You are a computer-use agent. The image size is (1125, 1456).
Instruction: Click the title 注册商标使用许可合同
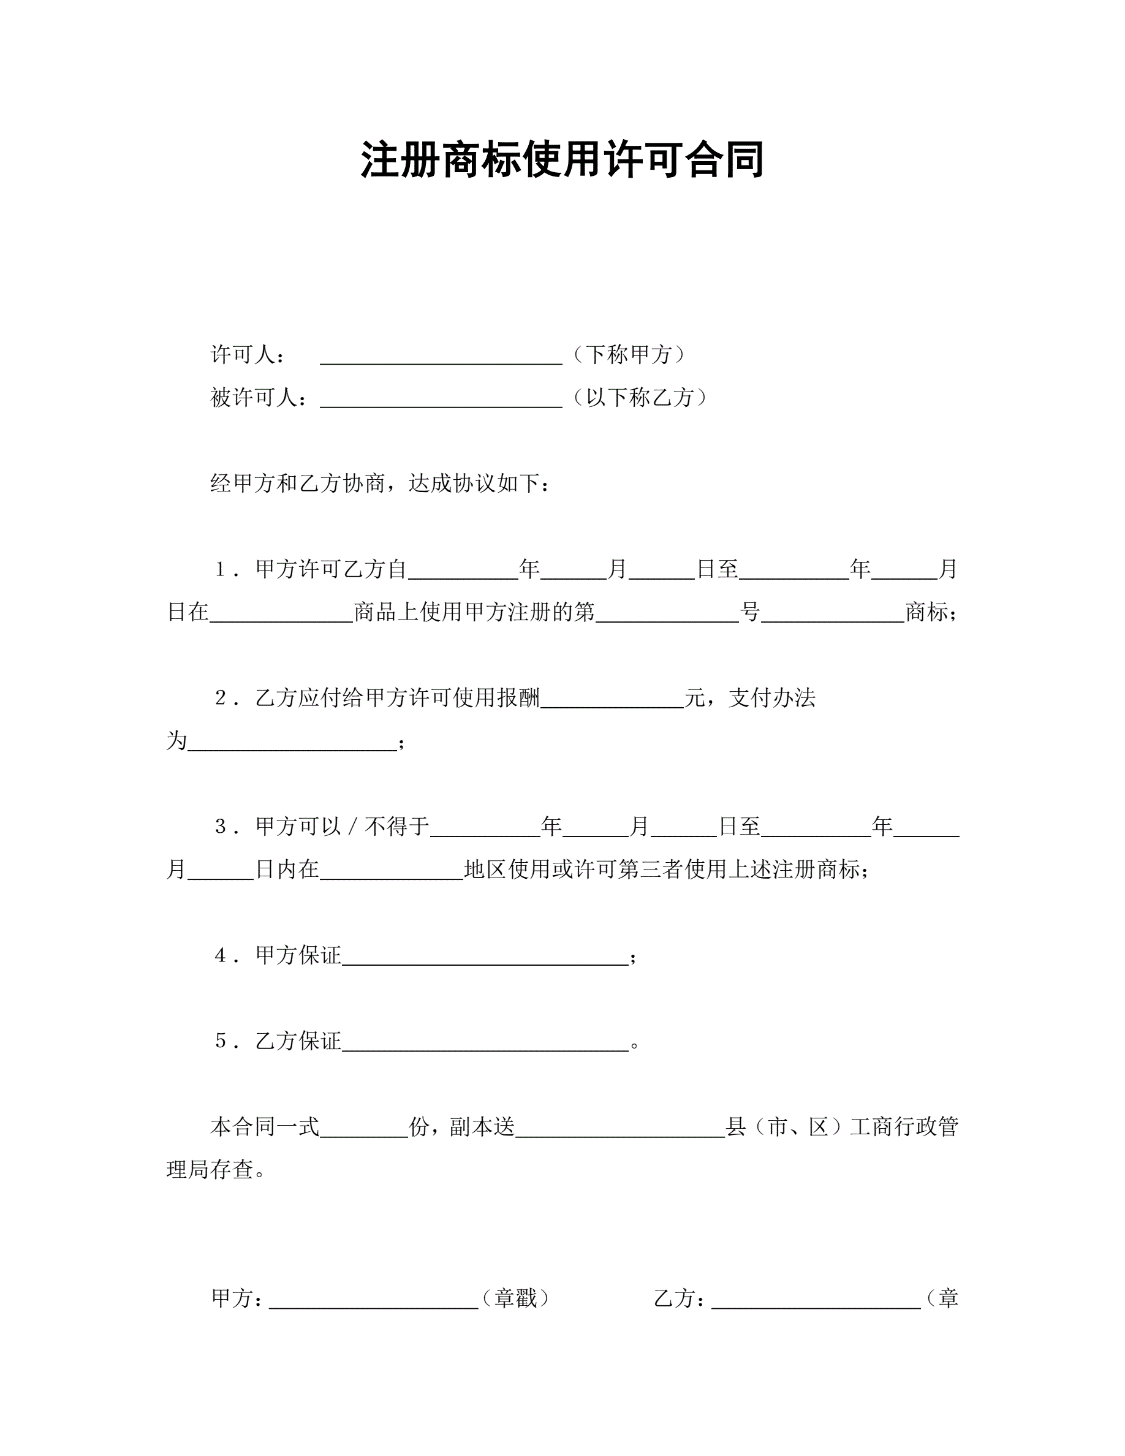pos(562,160)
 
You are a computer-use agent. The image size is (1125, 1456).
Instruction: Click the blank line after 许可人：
pos(441,357)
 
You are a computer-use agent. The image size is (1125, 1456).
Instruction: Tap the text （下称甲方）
pos(629,355)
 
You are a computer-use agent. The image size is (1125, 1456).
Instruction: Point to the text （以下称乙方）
pos(640,397)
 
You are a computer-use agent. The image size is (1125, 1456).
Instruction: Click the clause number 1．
pos(227,569)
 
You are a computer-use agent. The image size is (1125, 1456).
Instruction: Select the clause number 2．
pos(227,698)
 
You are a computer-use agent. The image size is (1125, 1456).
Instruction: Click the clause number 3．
pos(227,827)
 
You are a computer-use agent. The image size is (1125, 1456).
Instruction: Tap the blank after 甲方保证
pos(485,958)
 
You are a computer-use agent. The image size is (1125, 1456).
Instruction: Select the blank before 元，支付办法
pos(612,700)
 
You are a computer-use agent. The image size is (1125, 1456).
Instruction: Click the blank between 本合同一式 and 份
pos(363,1129)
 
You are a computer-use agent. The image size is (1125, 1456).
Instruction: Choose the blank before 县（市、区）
pos(620,1129)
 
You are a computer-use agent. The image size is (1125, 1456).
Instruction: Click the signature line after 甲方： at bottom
pos(373,1301)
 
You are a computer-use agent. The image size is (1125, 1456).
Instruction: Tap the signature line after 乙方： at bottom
pos(816,1301)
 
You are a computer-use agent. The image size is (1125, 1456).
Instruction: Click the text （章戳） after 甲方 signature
pos(516,1298)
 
